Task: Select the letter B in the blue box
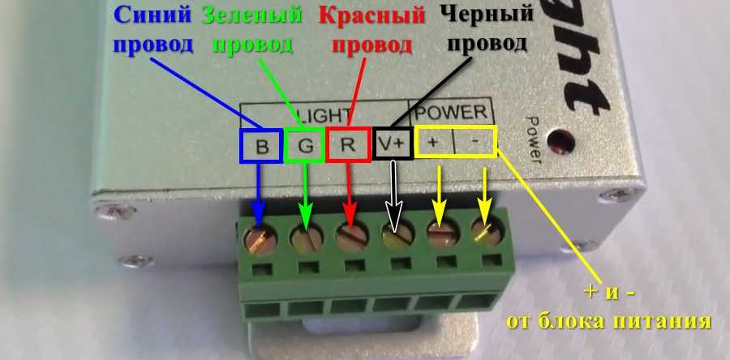pyautogui.click(x=261, y=147)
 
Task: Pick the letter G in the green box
pyautogui.click(x=305, y=147)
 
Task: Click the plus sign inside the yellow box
pyautogui.click(x=433, y=143)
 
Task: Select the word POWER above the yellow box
pyautogui.click(x=453, y=111)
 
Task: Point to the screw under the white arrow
pyautogui.click(x=395, y=236)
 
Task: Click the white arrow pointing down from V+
pyautogui.click(x=395, y=195)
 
